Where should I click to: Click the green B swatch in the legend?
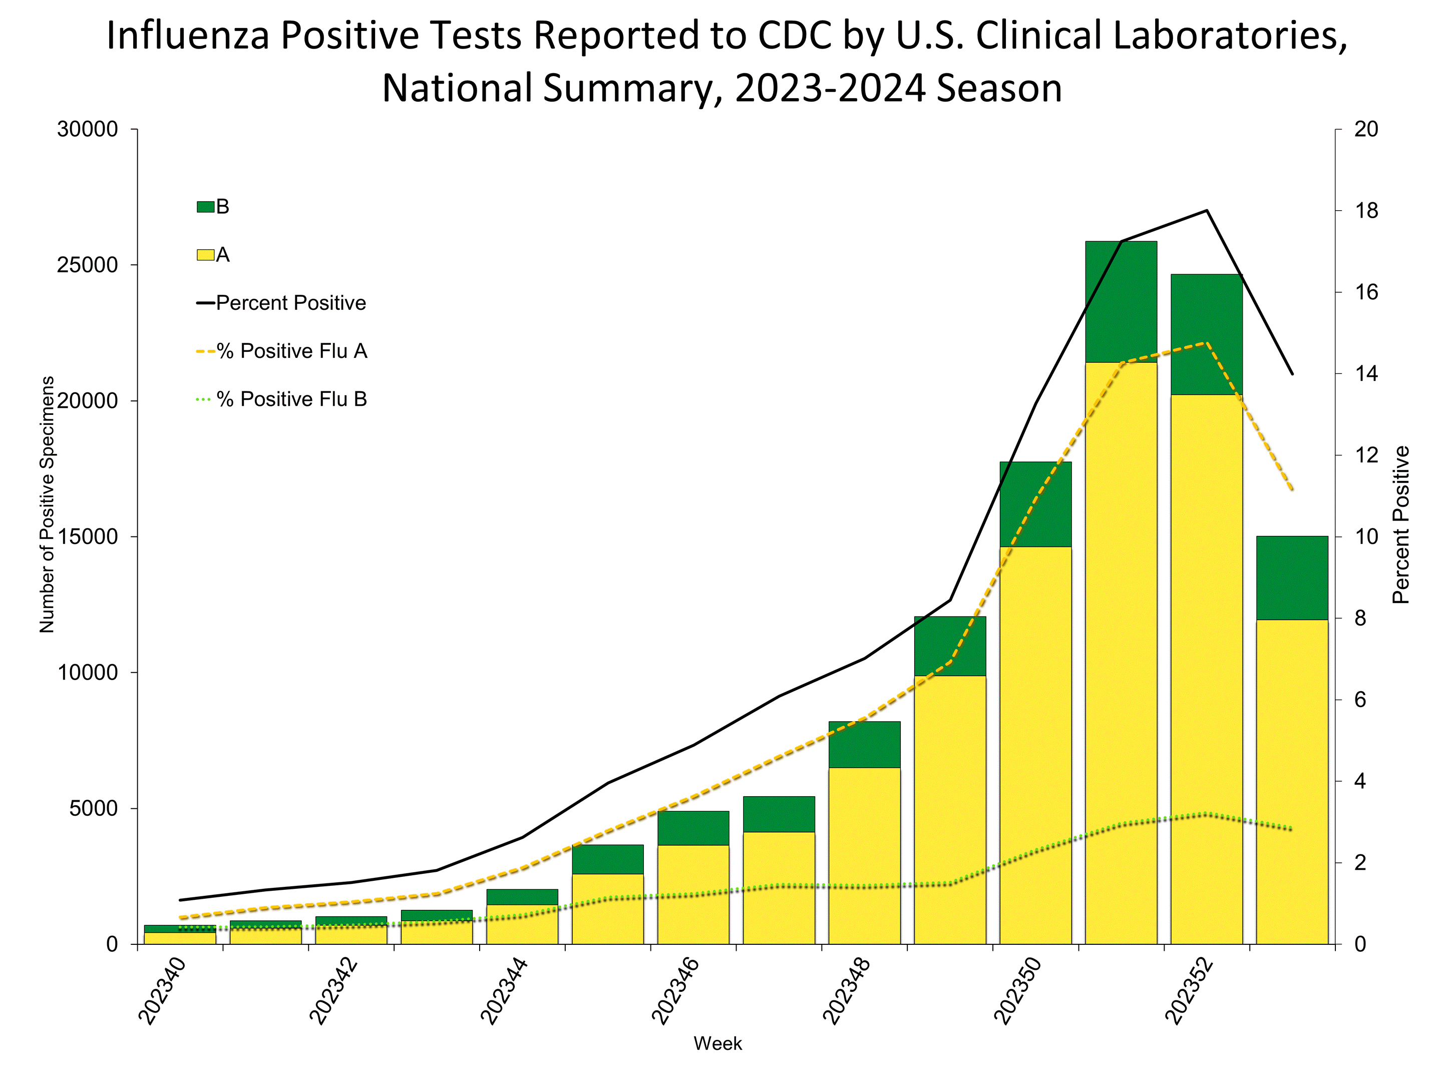coord(205,207)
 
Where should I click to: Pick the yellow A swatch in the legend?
coord(205,255)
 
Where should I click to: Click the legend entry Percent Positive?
coord(291,303)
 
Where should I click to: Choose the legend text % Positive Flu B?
coord(291,399)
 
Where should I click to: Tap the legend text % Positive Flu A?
coord(291,351)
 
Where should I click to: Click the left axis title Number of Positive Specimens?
coord(47,504)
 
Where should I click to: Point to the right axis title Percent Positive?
coord(1400,524)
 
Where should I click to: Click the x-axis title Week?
coord(717,1043)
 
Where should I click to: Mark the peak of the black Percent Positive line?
coord(1207,211)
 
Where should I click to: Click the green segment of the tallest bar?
coord(1121,301)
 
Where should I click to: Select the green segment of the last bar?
coord(1292,578)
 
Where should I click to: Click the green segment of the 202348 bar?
coord(864,744)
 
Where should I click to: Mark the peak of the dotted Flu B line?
coord(1207,814)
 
